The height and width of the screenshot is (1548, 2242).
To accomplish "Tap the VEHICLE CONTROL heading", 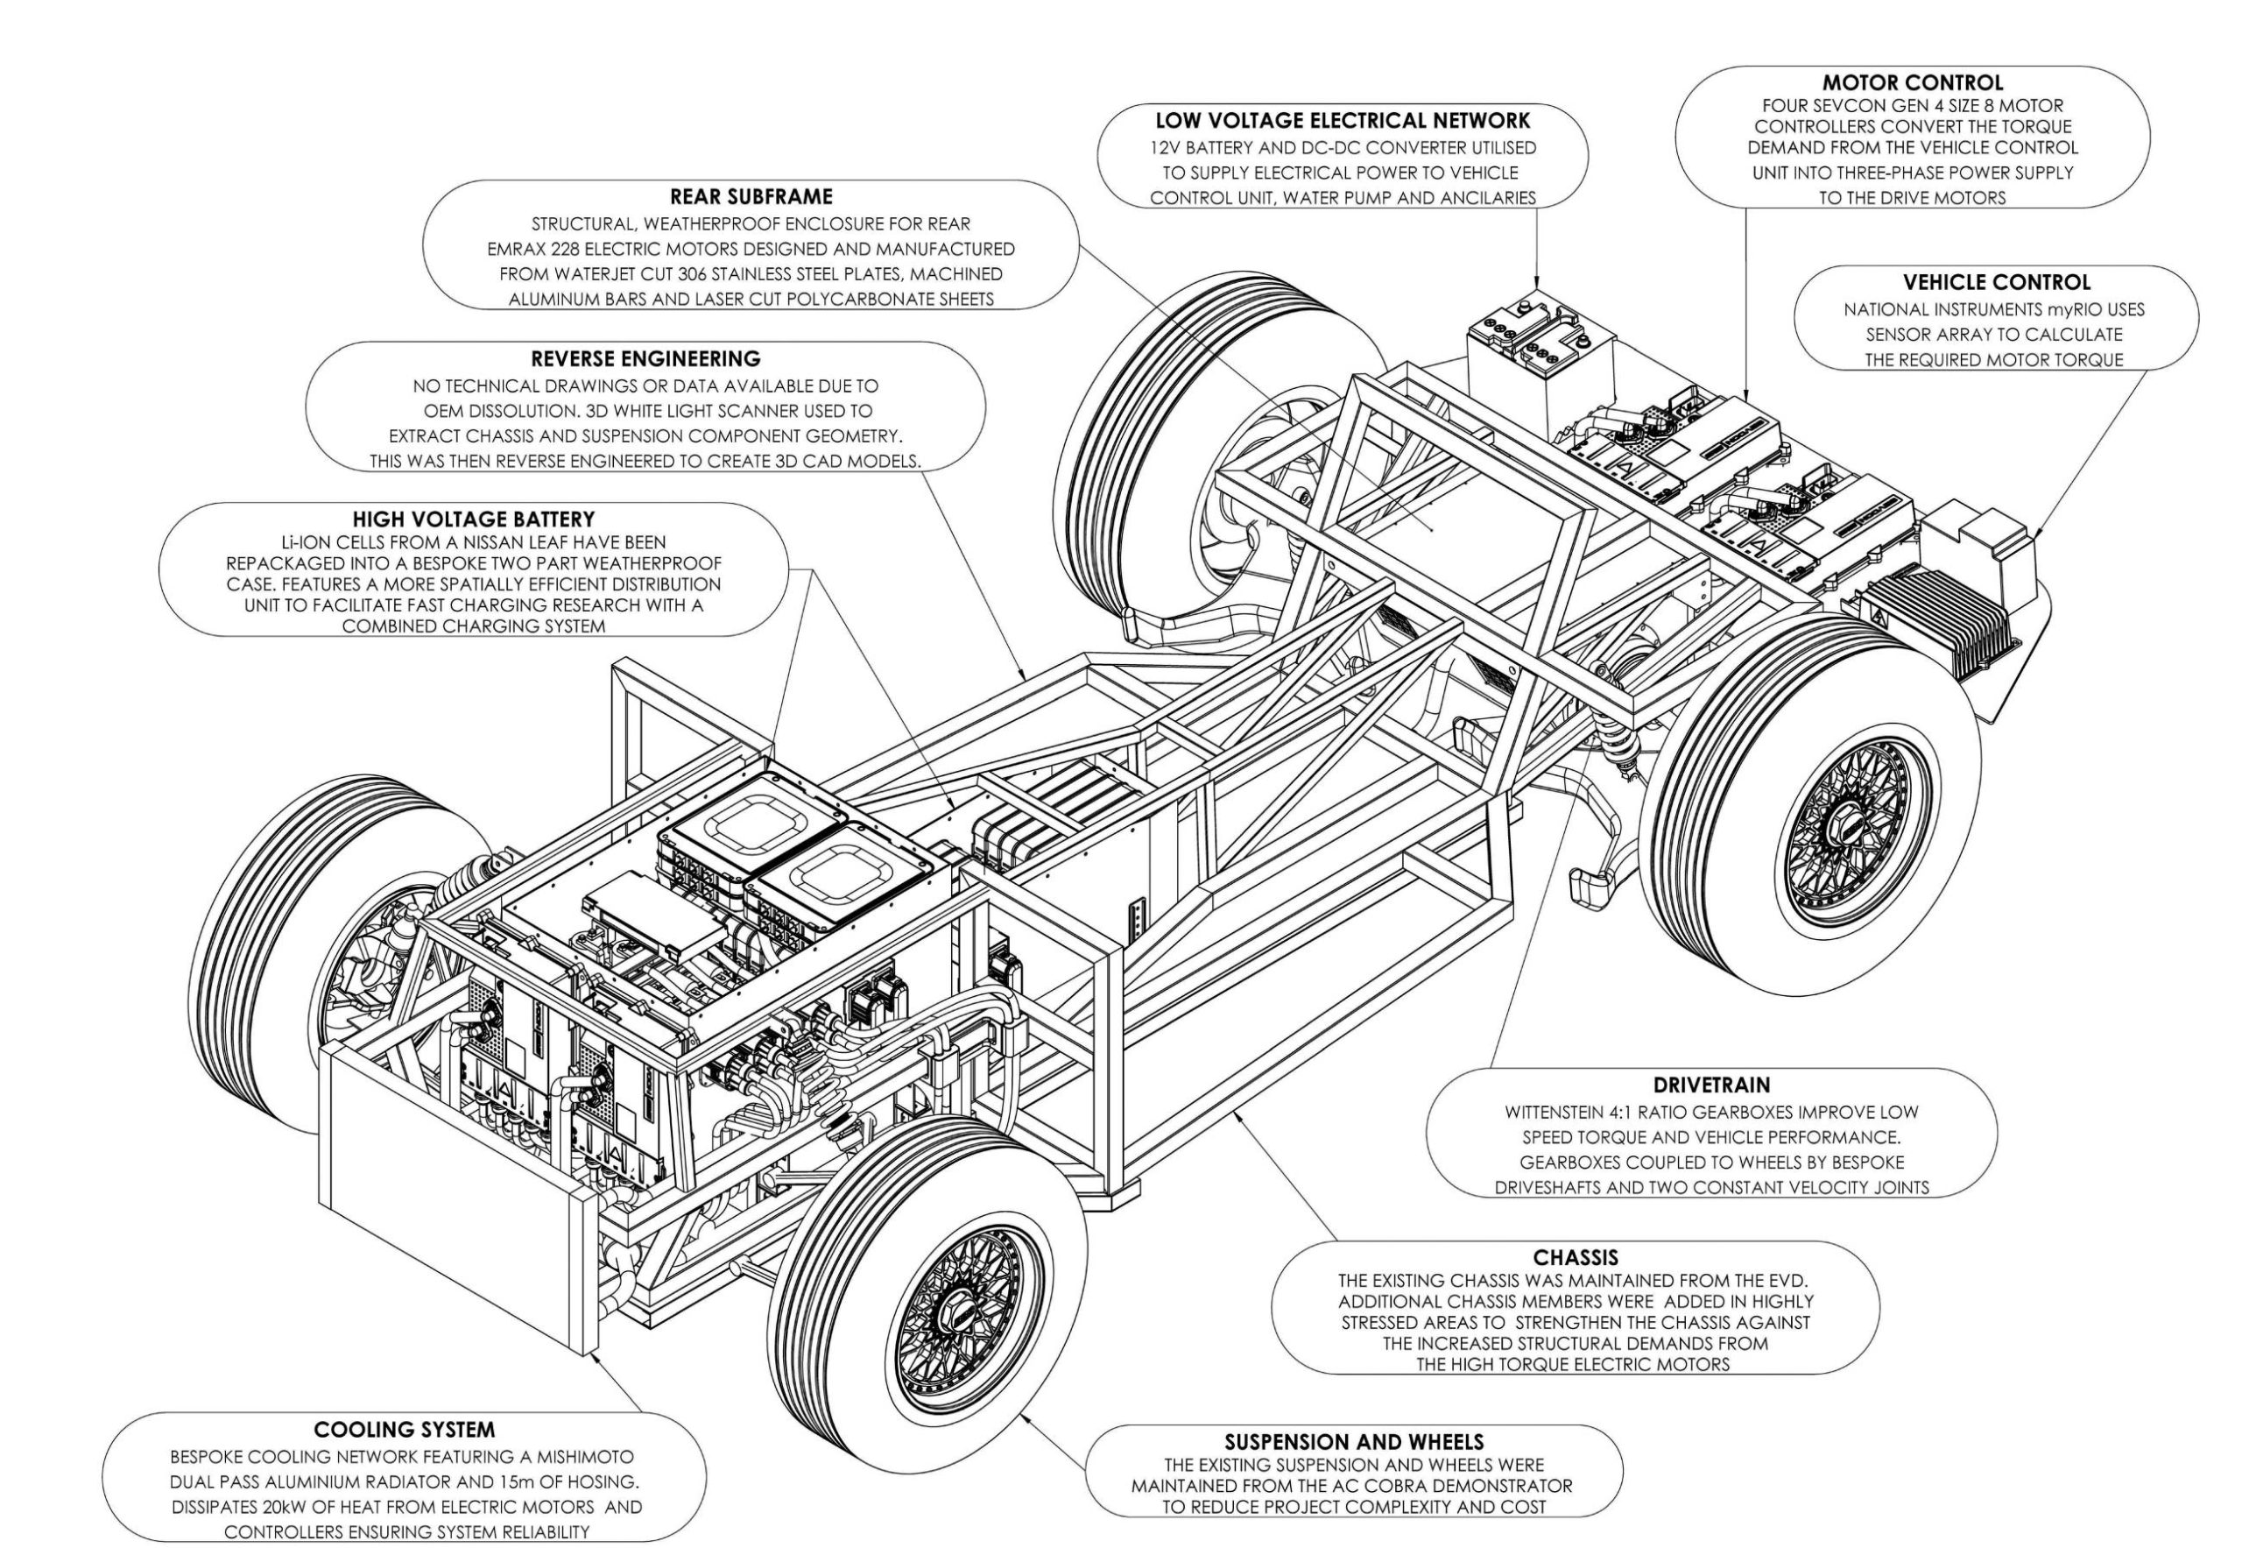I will (1996, 283).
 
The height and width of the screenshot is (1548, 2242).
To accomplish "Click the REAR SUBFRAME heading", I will (751, 197).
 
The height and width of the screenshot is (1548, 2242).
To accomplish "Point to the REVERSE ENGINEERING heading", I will (645, 359).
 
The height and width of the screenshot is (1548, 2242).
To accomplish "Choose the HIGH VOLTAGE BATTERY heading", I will (473, 520).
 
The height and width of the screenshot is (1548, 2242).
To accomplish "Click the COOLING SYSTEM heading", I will (405, 1430).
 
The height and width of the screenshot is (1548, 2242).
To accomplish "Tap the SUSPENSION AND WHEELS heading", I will (1354, 1442).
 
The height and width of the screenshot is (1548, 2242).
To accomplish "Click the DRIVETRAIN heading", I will (1710, 1085).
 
